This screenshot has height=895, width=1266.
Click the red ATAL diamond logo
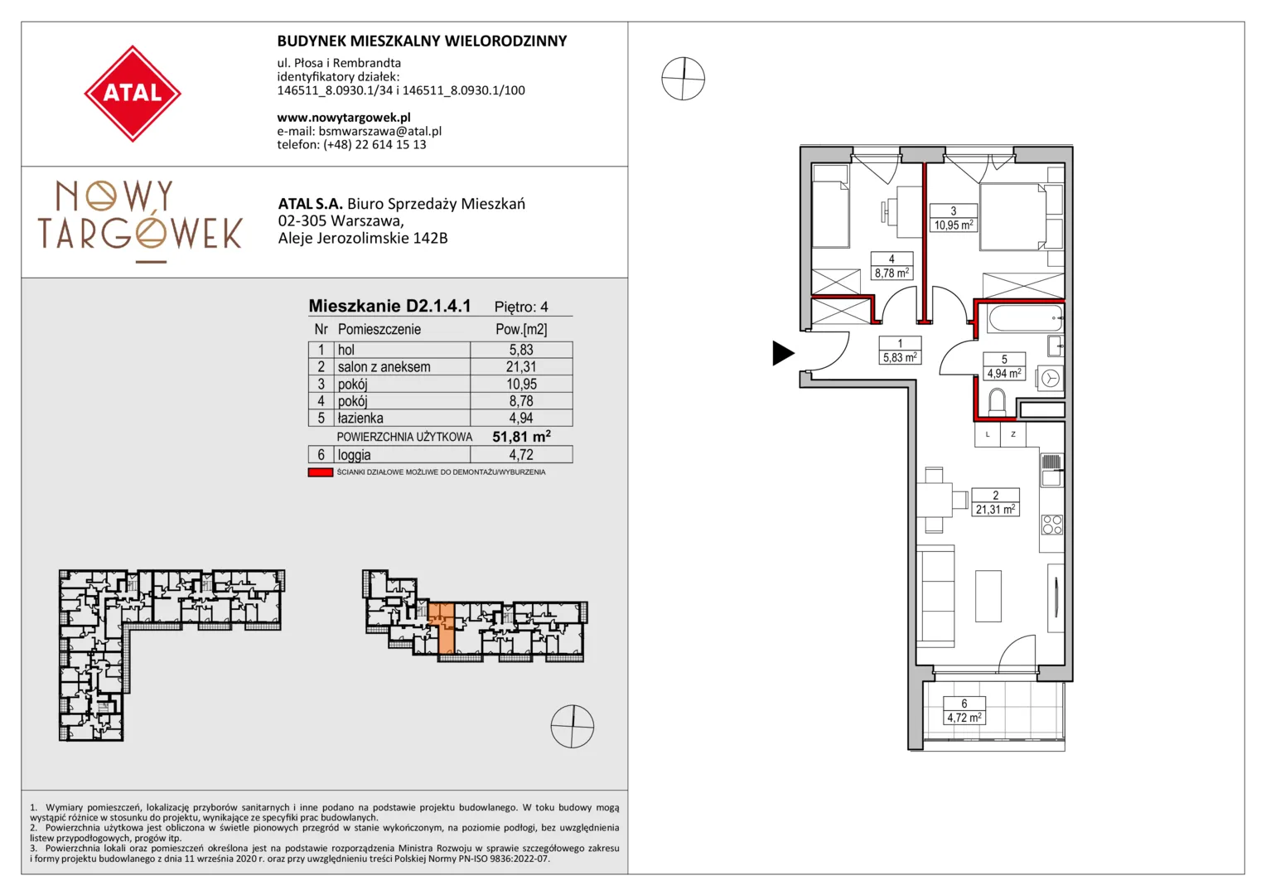[133, 94]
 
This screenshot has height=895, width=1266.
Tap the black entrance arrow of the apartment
[783, 353]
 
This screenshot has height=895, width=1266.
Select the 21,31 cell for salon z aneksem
[521, 367]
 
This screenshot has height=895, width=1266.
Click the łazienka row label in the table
[360, 418]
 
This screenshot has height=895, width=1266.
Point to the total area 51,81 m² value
[521, 437]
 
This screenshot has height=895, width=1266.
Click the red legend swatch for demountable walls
[320, 472]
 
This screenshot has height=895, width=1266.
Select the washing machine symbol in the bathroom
[1051, 378]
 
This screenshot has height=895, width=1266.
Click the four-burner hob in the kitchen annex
[1051, 524]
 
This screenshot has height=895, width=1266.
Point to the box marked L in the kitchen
[988, 435]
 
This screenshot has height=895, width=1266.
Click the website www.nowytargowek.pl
[344, 118]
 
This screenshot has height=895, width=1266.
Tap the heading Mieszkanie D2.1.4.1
[389, 306]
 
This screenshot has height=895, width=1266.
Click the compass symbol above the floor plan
[684, 79]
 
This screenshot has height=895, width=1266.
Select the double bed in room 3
[1012, 216]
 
